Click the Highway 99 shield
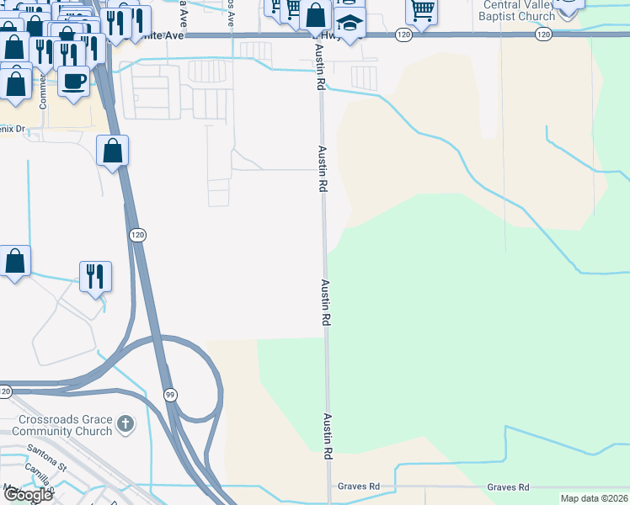[169, 394]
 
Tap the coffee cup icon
[74, 82]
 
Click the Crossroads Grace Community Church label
[65, 425]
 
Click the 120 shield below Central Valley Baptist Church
[543, 35]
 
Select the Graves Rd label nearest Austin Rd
[360, 487]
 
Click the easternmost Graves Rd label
[508, 487]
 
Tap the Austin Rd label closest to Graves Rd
[326, 435]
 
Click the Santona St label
[45, 462]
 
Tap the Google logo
[27, 495]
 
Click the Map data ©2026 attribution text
[594, 498]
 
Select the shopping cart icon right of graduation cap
[421, 11]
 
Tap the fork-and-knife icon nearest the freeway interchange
[95, 276]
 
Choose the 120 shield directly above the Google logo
[5, 391]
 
